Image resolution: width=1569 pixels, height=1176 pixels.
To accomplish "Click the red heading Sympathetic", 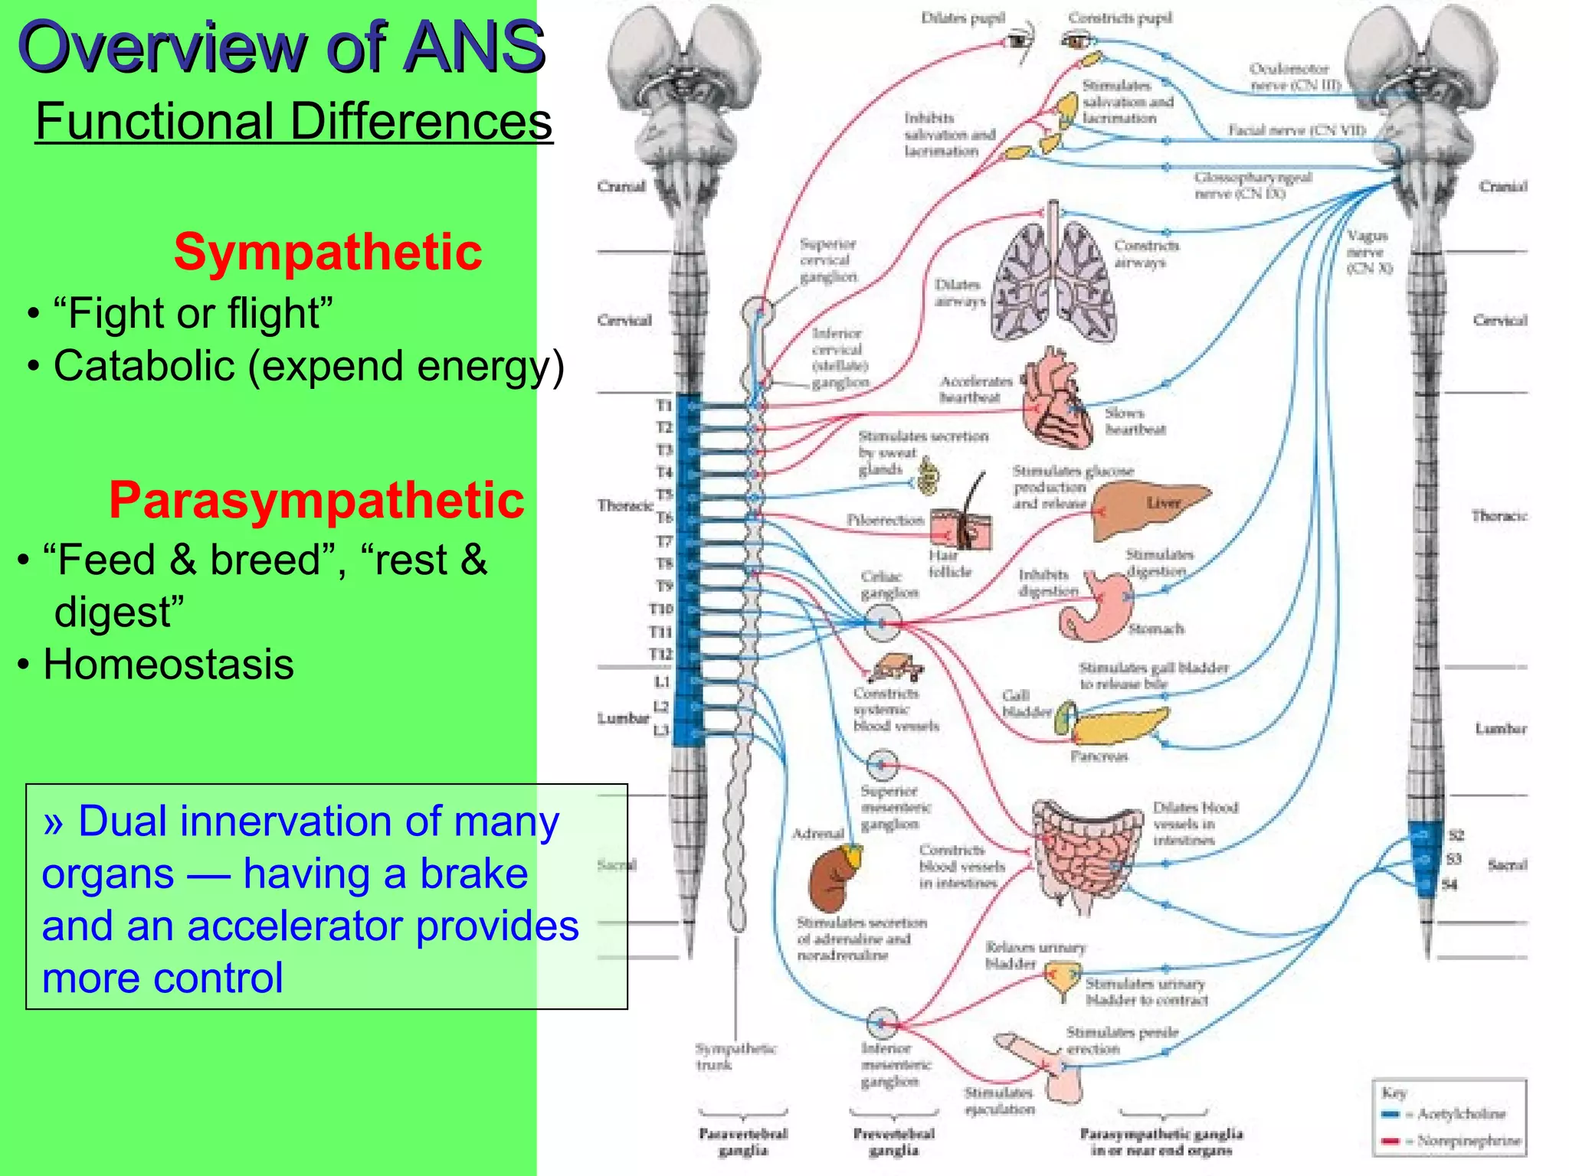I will (328, 252).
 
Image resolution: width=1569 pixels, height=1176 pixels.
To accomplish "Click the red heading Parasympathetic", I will (316, 500).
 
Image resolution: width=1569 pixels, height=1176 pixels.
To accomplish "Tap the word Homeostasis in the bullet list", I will (169, 665).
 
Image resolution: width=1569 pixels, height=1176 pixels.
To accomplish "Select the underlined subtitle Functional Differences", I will (293, 122).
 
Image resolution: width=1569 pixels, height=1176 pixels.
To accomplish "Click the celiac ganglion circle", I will (883, 622).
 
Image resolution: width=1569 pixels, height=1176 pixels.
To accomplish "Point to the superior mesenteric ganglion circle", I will (882, 765).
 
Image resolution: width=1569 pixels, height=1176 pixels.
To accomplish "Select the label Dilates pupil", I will (962, 18).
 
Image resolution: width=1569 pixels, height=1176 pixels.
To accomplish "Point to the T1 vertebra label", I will (663, 405).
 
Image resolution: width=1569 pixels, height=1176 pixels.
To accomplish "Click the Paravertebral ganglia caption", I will (742, 1142).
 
